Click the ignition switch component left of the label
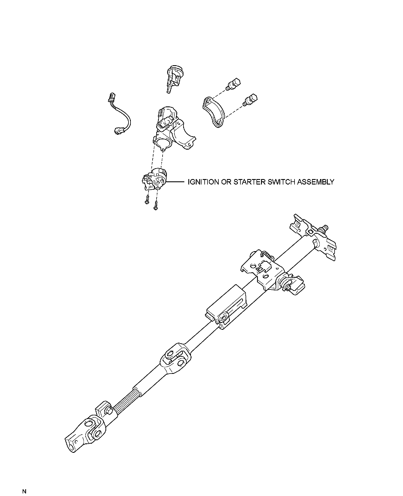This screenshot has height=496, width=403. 155,179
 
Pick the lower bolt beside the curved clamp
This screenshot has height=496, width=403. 250,99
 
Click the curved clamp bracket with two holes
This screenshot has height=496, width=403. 214,111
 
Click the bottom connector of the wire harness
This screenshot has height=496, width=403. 118,131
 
